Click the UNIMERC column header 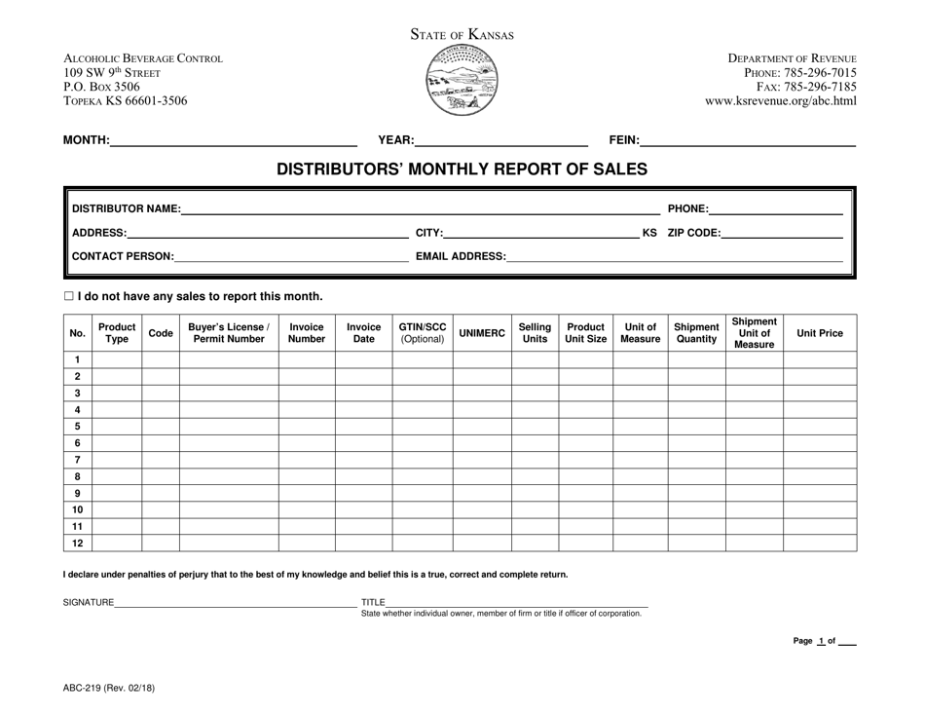(482, 333)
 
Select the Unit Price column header (820, 333)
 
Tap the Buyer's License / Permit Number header (229, 333)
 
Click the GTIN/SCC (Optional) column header (423, 333)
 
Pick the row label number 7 (77, 460)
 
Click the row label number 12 (77, 543)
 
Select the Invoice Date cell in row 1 (363, 360)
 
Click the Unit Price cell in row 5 (820, 427)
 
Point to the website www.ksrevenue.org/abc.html (781, 100)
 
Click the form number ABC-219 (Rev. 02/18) (108, 688)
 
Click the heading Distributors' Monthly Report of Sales (462, 169)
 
